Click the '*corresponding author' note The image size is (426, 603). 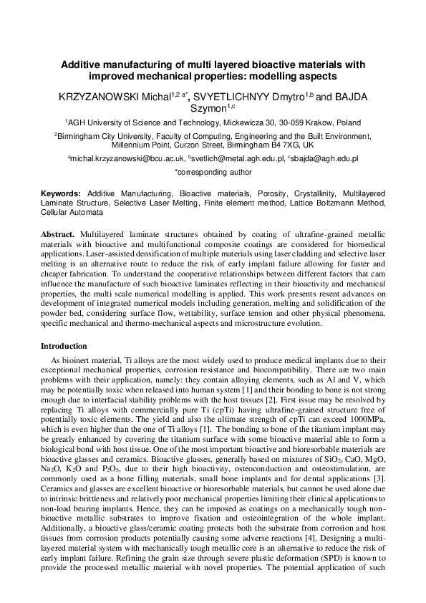[x=213, y=172]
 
